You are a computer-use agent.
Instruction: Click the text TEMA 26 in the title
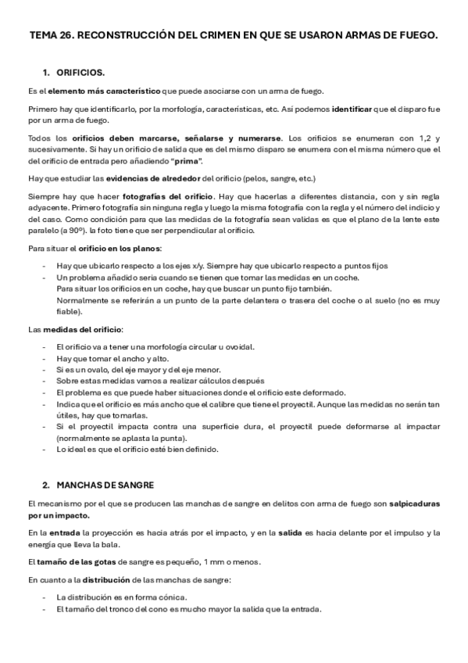point(50,35)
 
